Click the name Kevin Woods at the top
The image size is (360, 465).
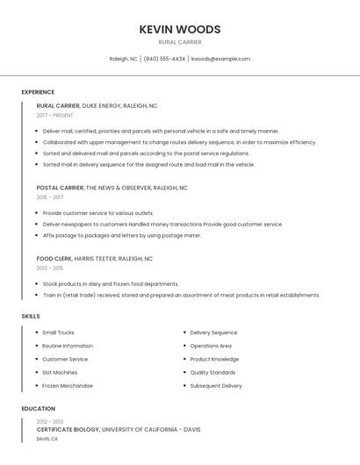(180, 29)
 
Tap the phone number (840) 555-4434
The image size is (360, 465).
(164, 59)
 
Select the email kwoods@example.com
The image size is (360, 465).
(220, 59)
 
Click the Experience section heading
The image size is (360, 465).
(38, 92)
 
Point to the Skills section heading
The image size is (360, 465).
(31, 316)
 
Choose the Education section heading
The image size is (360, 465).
(39, 409)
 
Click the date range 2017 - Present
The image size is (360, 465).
(55, 116)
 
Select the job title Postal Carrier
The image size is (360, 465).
(60, 188)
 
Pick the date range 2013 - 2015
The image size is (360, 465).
(50, 268)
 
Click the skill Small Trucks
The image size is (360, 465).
(58, 333)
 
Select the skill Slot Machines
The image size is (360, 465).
(60, 372)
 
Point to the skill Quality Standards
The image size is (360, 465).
(212, 372)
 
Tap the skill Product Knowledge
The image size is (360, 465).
(214, 359)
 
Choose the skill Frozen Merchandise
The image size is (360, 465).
(68, 385)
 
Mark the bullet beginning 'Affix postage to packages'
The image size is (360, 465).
(122, 235)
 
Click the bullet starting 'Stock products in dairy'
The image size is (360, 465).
(111, 284)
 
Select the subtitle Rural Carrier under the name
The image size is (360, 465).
(180, 42)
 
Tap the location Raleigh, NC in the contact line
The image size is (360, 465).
(123, 59)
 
